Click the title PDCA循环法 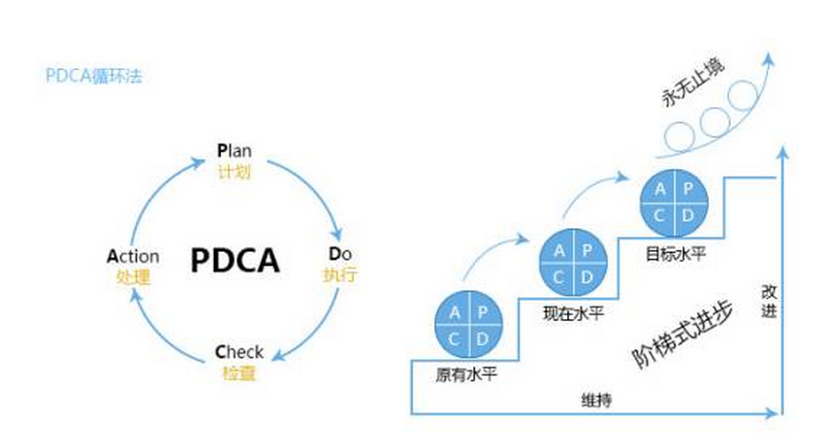tap(94, 75)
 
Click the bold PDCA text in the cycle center tap(235, 260)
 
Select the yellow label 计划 tap(234, 171)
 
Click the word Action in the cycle tap(133, 257)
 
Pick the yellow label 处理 tap(133, 277)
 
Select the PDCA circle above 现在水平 tap(572, 262)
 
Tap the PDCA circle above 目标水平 tap(674, 202)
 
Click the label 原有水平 tap(467, 374)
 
